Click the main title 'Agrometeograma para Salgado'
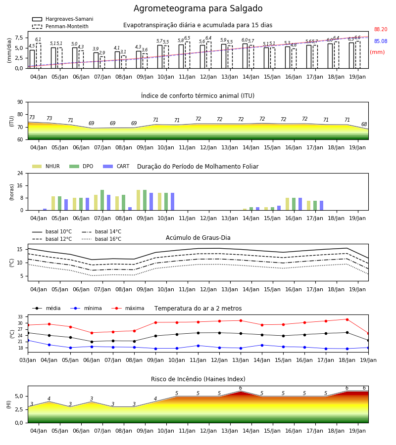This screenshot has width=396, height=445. tap(198, 8)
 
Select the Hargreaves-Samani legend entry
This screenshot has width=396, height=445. tap(63, 19)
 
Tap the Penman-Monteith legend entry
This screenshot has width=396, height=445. tap(60, 26)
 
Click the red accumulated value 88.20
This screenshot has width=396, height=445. tap(381, 29)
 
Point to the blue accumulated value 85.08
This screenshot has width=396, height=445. tap(381, 41)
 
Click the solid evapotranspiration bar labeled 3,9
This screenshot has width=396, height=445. tap(96, 60)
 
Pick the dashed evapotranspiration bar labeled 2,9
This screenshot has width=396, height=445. tap(102, 62)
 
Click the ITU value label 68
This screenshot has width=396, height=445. tap(364, 124)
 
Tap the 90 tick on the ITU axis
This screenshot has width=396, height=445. tap(20, 102)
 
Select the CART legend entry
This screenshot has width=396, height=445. tap(116, 166)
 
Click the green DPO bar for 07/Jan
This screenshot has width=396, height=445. tap(102, 200)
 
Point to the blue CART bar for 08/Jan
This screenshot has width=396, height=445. tap(130, 209)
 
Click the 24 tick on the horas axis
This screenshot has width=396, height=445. tap(20, 173)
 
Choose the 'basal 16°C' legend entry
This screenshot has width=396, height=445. tap(101, 239)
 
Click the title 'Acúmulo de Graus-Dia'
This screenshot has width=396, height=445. tap(198, 238)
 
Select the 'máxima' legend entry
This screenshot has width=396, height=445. tap(128, 308)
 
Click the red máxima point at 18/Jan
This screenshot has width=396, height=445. tap(347, 319)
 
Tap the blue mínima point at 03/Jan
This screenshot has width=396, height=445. tap(28, 341)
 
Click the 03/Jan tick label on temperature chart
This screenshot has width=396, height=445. tap(28, 360)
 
